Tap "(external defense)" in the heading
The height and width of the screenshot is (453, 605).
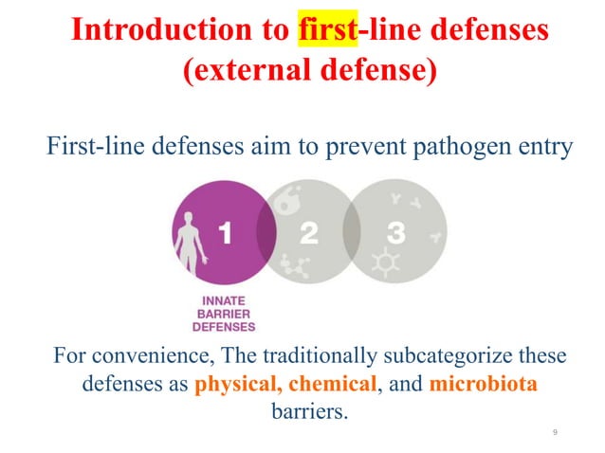click(302, 70)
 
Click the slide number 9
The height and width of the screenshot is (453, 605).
click(554, 432)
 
